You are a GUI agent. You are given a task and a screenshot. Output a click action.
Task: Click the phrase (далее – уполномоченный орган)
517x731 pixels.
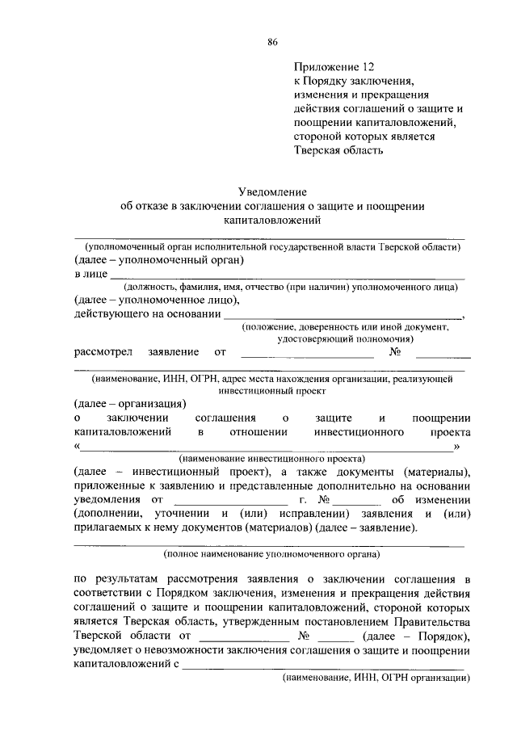click(158, 260)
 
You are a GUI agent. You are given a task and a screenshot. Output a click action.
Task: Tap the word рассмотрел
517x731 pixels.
click(102, 352)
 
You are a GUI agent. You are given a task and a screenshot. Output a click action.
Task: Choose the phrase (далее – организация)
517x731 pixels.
click(130, 403)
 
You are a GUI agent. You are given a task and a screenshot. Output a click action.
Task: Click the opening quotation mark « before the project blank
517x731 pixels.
click(77, 447)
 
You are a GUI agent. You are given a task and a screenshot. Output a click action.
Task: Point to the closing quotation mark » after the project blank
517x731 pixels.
click(457, 447)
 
